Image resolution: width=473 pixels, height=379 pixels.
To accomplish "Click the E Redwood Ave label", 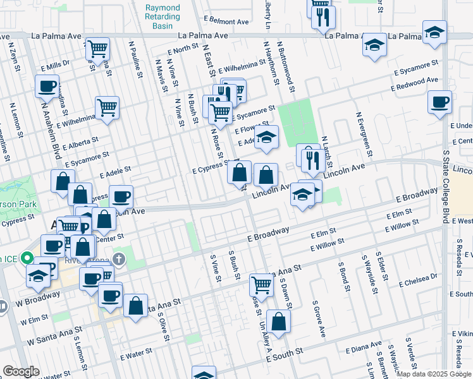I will pyautogui.click(x=415, y=84).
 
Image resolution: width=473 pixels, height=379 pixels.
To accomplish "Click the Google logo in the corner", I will pyautogui.click(x=21, y=371).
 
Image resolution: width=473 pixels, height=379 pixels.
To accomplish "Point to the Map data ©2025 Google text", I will pyautogui.click(x=434, y=374).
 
